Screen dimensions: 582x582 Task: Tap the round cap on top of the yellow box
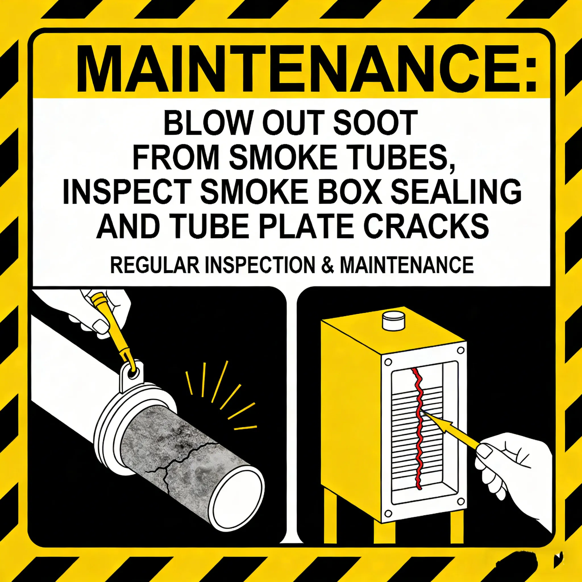click(394, 321)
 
